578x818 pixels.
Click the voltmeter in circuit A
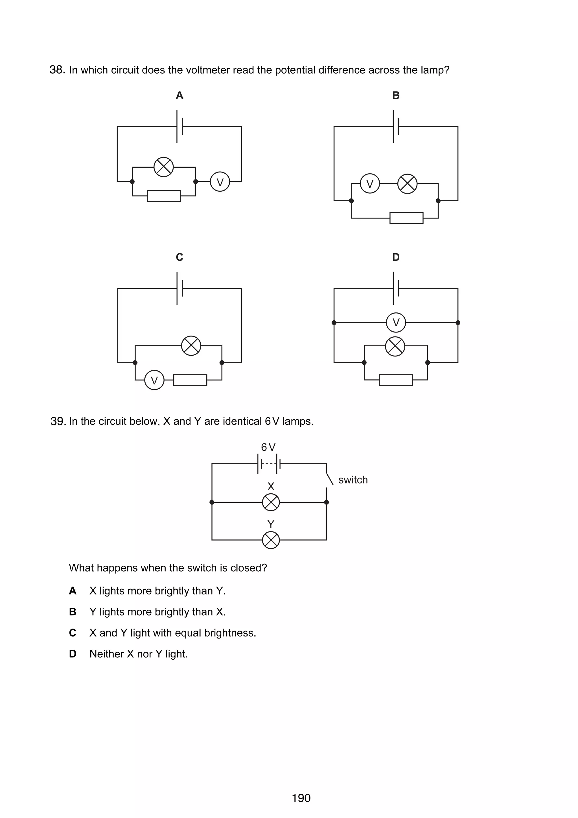(220, 182)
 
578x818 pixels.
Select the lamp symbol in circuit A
(163, 167)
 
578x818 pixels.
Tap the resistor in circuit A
(164, 196)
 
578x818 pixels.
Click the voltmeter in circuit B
(370, 183)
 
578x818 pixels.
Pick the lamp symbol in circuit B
(407, 183)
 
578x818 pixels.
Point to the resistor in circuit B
(406, 218)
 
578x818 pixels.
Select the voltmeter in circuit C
(154, 380)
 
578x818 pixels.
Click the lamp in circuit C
(191, 345)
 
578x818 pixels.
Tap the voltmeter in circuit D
(396, 322)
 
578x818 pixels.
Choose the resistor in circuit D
(396, 380)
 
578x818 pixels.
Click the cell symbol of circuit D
(396, 288)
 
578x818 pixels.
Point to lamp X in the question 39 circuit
(271, 502)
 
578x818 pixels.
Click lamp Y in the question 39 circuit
(271, 540)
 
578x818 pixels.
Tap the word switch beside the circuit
(353, 480)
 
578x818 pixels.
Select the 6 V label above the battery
(268, 447)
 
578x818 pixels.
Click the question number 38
(57, 70)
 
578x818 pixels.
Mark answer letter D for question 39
(73, 654)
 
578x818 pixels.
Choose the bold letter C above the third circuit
(179, 257)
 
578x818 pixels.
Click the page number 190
(301, 798)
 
